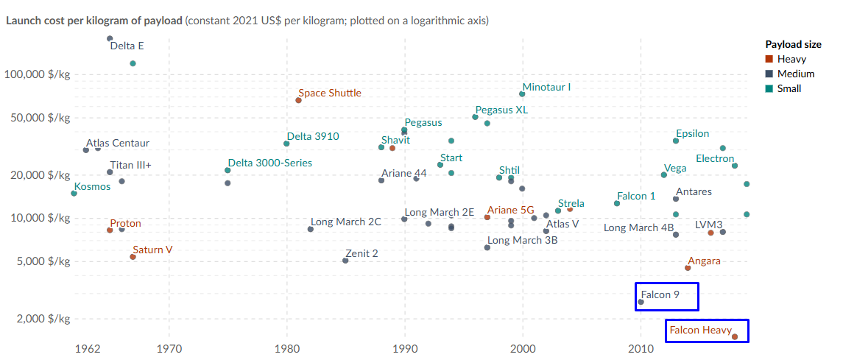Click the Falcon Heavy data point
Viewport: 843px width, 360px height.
click(735, 336)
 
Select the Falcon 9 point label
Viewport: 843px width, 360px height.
click(660, 294)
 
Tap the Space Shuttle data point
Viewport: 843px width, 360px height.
click(299, 100)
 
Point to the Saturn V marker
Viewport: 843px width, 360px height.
click(133, 257)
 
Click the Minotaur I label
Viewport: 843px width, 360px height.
click(546, 87)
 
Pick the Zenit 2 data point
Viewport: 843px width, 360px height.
click(346, 261)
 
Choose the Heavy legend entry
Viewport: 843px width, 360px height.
click(791, 59)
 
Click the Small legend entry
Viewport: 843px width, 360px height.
click(789, 88)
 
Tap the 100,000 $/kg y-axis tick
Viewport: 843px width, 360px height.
click(37, 74)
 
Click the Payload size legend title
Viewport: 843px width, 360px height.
click(793, 45)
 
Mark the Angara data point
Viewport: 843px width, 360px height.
click(688, 268)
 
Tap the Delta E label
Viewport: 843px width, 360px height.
click(127, 46)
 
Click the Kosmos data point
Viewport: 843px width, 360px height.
click(74, 193)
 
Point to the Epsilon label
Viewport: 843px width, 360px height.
click(692, 133)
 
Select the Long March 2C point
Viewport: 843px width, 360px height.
click(311, 229)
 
